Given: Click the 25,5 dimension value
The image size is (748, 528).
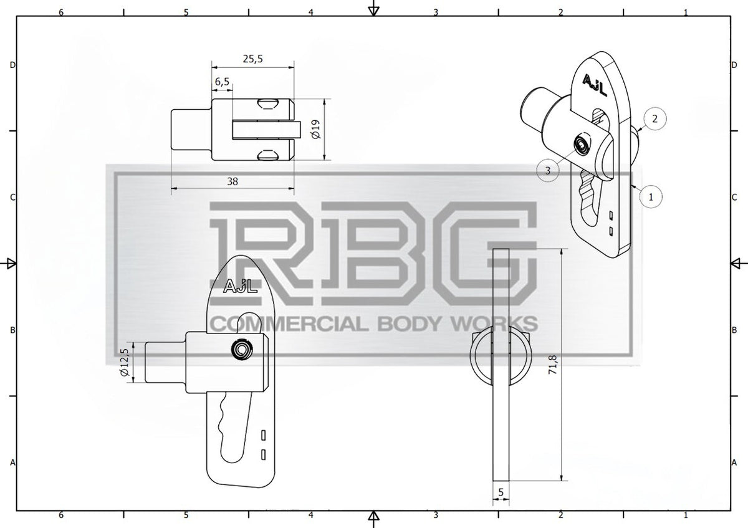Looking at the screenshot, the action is point(253,59).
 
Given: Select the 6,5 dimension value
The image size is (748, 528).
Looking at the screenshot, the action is point(222,82).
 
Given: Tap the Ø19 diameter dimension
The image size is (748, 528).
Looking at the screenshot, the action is point(316,129).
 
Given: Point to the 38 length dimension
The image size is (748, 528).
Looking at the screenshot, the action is point(233,181).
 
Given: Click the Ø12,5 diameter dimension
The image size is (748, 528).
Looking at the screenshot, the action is point(125,362).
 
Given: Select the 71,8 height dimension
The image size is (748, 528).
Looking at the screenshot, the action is point(553,364).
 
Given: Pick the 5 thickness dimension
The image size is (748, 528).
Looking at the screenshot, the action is point(501,492).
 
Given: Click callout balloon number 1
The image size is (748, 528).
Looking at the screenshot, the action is point(651,197).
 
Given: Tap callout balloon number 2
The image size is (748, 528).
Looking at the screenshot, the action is point(655,118).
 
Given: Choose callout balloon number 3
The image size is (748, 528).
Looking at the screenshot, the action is point(548,171).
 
